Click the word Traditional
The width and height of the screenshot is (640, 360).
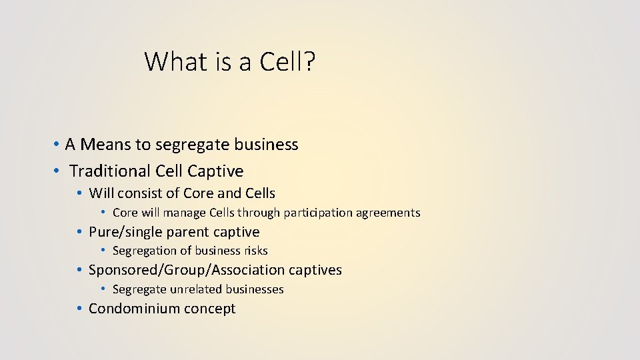point(110,171)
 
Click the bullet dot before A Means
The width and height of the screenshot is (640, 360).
point(59,145)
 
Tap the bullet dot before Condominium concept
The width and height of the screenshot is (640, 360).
point(79,309)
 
